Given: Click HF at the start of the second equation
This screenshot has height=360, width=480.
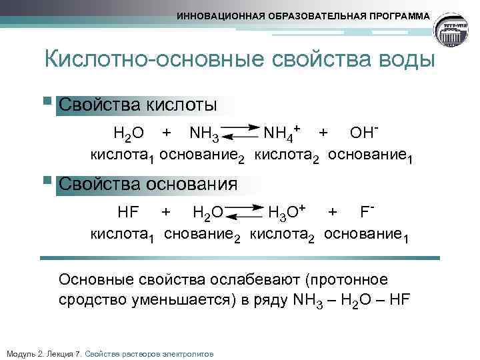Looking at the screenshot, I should tap(127, 212).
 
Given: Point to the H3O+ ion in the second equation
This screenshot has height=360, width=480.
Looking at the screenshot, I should tap(286, 212).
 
